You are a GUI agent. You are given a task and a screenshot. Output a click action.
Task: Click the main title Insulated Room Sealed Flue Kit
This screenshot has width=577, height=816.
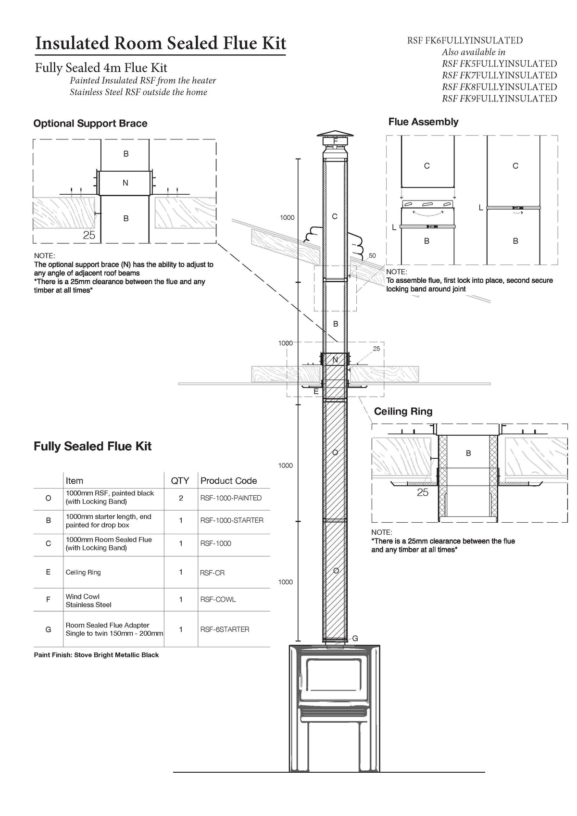161,43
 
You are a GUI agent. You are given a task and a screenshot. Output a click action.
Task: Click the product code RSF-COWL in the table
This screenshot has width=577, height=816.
218,600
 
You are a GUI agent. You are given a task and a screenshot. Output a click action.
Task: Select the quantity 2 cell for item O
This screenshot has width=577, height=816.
181,498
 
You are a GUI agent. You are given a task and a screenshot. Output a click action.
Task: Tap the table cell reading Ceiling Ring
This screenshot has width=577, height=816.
83,572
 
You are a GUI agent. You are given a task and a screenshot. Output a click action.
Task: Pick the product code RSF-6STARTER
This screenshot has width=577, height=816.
225,629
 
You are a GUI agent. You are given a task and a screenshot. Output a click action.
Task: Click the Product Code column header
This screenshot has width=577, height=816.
228,480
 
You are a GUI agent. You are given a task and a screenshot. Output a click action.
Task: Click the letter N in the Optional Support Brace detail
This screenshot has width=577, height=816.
125,183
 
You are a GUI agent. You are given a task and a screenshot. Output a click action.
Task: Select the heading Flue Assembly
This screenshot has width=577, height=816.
423,122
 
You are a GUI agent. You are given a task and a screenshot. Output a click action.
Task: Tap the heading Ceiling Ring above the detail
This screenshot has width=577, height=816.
403,411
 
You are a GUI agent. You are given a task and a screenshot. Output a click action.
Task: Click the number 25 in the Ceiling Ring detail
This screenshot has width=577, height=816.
422,492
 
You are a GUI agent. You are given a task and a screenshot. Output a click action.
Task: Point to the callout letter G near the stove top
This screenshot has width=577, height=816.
355,639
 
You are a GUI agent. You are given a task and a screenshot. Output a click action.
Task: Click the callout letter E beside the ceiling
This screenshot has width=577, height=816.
316,392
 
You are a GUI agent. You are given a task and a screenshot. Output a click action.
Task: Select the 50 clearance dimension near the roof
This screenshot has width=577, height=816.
372,255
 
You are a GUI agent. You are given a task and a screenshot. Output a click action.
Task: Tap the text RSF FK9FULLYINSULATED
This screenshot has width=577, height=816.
499,99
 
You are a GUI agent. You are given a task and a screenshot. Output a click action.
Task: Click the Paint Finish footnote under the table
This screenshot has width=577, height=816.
96,655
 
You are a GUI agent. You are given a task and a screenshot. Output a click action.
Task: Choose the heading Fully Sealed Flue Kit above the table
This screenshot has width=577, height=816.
92,446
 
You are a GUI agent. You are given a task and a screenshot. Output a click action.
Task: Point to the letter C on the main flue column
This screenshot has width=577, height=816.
335,216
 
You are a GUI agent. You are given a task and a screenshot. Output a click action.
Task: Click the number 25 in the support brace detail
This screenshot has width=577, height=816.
89,235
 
